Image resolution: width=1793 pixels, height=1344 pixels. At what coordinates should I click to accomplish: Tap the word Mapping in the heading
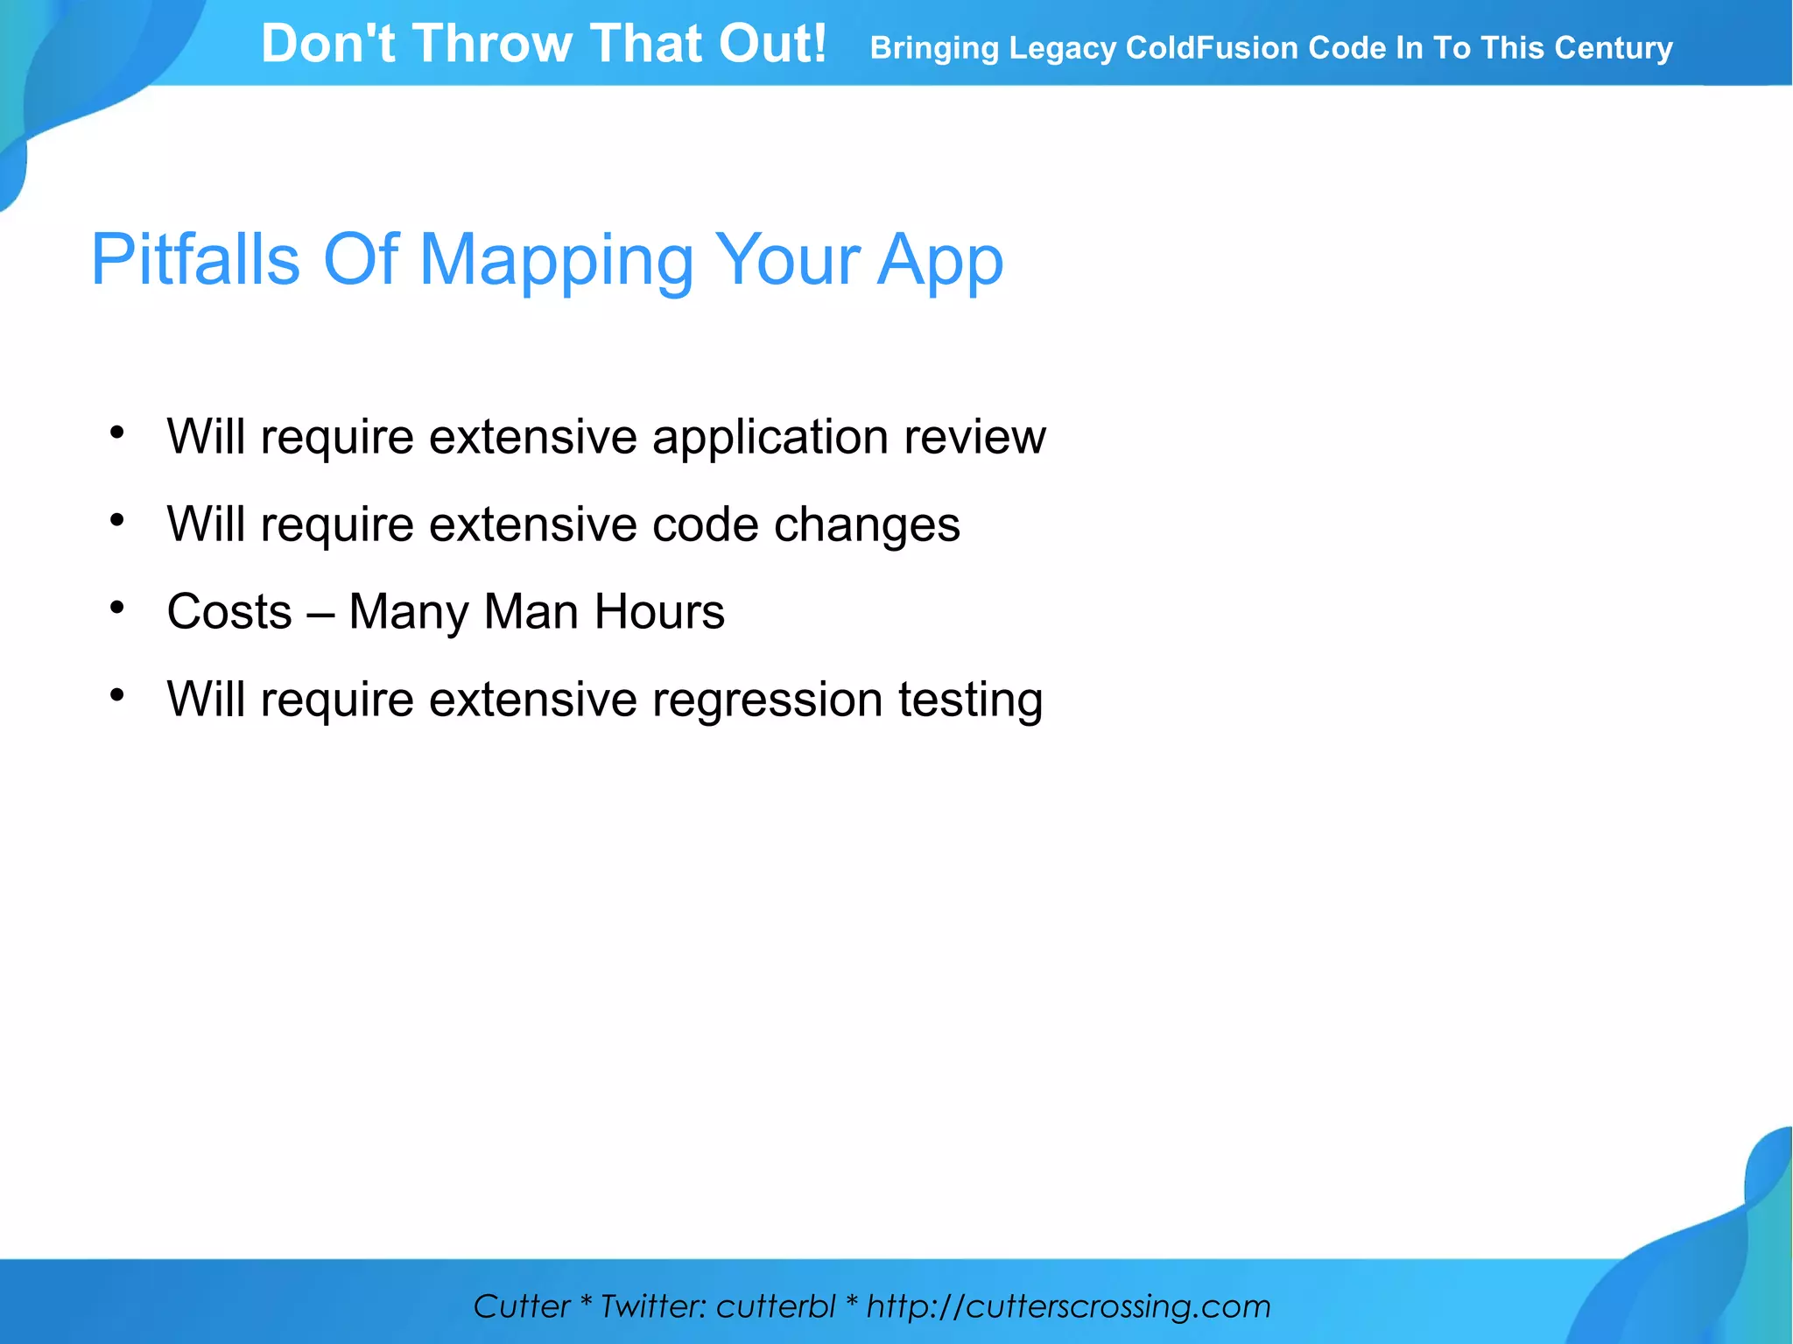pyautogui.click(x=557, y=262)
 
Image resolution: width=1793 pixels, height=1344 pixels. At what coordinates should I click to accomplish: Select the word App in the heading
pyautogui.click(x=940, y=262)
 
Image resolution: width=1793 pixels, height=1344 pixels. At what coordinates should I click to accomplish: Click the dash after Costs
pyautogui.click(x=320, y=613)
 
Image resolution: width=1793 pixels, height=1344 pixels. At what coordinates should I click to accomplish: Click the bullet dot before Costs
pyautogui.click(x=117, y=607)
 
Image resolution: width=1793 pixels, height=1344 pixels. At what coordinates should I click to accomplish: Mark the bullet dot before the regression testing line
pyautogui.click(x=117, y=694)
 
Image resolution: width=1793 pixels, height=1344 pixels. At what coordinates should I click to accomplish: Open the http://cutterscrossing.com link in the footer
pyautogui.click(x=1068, y=1306)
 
